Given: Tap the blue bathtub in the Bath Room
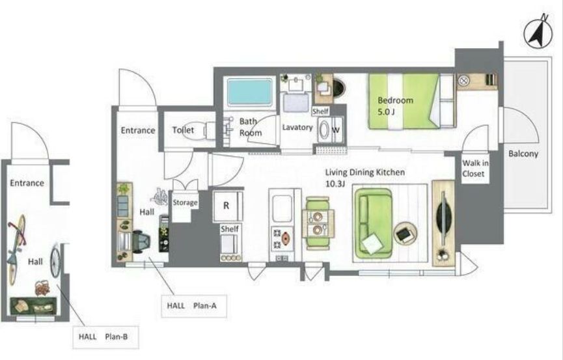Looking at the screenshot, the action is pos(249,92).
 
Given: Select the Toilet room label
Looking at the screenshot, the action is pos(183,130).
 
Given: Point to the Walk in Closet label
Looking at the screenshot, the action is pos(475,168).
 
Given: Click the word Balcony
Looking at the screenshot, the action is pos(523,154).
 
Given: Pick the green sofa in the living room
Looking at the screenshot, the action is pos(373,223).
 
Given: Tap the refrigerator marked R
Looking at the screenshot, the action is pos(228,206).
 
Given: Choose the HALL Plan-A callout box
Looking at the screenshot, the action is pos(194,306).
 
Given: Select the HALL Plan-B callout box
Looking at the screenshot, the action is pos(105,337).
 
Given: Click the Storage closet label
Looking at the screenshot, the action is pos(185,202).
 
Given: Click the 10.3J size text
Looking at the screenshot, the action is pos(335,184).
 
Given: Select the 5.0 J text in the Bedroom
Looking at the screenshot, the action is pos(386,112).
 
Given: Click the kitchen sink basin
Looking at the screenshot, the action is pos(282,209).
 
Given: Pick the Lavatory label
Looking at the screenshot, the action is pos(297,127).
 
